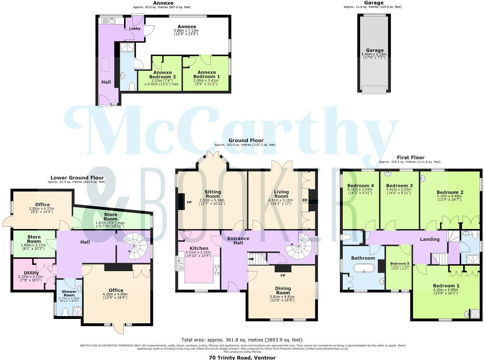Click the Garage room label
pos(374,50)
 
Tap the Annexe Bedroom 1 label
pos(206,74)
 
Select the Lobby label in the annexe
pos(135,28)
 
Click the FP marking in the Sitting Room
pos(189,202)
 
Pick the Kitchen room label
pos(199,248)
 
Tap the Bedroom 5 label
pos(399,263)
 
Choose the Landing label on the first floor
pos(429,239)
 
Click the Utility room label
pos(31,273)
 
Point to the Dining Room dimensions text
pos(282,299)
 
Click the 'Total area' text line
pos(242,340)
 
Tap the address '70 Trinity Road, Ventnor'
pos(242,358)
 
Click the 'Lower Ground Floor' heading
pos(77,178)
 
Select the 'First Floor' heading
pos(410,157)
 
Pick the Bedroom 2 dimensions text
pos(449,198)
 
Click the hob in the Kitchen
pos(217,270)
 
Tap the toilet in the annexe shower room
pos(132,86)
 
